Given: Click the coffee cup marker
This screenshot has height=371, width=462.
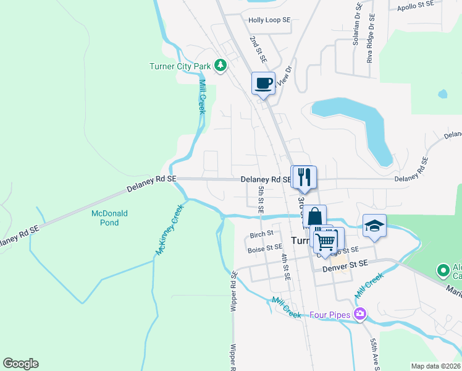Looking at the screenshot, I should (x=263, y=83).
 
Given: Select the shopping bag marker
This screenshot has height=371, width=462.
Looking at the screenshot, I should (x=314, y=216).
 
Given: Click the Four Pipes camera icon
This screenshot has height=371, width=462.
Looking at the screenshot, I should (x=359, y=315).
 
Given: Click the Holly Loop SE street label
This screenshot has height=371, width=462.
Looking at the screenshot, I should (x=269, y=20).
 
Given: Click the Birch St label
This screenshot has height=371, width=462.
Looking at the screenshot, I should (x=262, y=235).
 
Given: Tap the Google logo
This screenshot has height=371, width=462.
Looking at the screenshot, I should (x=20, y=364).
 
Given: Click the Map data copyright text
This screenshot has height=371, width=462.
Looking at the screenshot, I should (x=435, y=366).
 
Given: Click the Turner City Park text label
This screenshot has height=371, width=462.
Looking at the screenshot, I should (x=179, y=66).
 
